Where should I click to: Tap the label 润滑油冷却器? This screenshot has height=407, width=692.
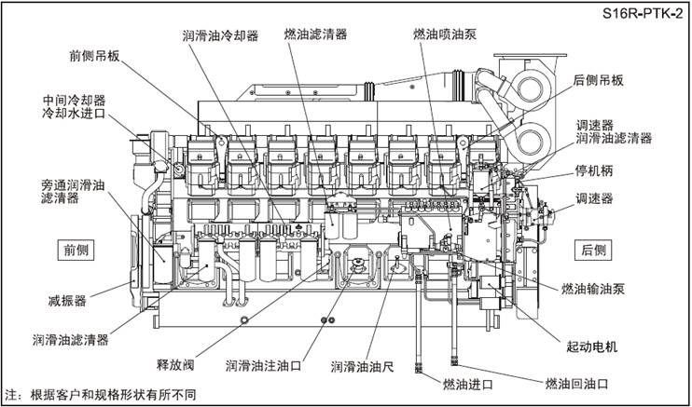[x=220, y=34]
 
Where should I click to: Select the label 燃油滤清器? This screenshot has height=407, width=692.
[x=316, y=34]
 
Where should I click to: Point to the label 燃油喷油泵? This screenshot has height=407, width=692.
[x=444, y=34]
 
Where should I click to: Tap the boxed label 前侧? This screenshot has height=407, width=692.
[x=76, y=250]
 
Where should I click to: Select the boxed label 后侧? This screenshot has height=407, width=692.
[x=593, y=250]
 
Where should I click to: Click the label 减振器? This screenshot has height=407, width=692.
[x=67, y=301]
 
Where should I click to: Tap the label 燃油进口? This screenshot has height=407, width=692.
[x=467, y=384]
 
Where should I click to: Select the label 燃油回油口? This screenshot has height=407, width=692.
[x=576, y=383]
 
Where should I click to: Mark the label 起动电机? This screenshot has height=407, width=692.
[x=592, y=346]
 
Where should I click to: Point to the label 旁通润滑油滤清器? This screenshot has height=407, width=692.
[x=73, y=192]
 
